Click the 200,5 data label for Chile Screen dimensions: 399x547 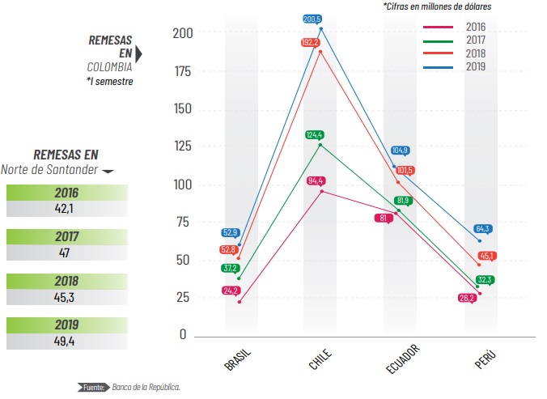(312, 19)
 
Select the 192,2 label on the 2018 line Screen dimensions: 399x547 (311, 42)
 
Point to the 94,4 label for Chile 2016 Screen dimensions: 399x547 (316, 180)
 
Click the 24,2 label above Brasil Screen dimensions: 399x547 (232, 290)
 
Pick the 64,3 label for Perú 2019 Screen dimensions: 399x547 (482, 229)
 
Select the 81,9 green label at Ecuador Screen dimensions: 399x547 (404, 201)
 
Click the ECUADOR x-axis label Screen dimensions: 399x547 (402, 359)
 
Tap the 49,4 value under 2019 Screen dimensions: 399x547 (66, 341)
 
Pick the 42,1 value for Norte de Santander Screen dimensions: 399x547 (66, 208)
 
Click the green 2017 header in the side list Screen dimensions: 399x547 (66, 237)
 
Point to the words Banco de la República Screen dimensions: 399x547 (146, 387)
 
